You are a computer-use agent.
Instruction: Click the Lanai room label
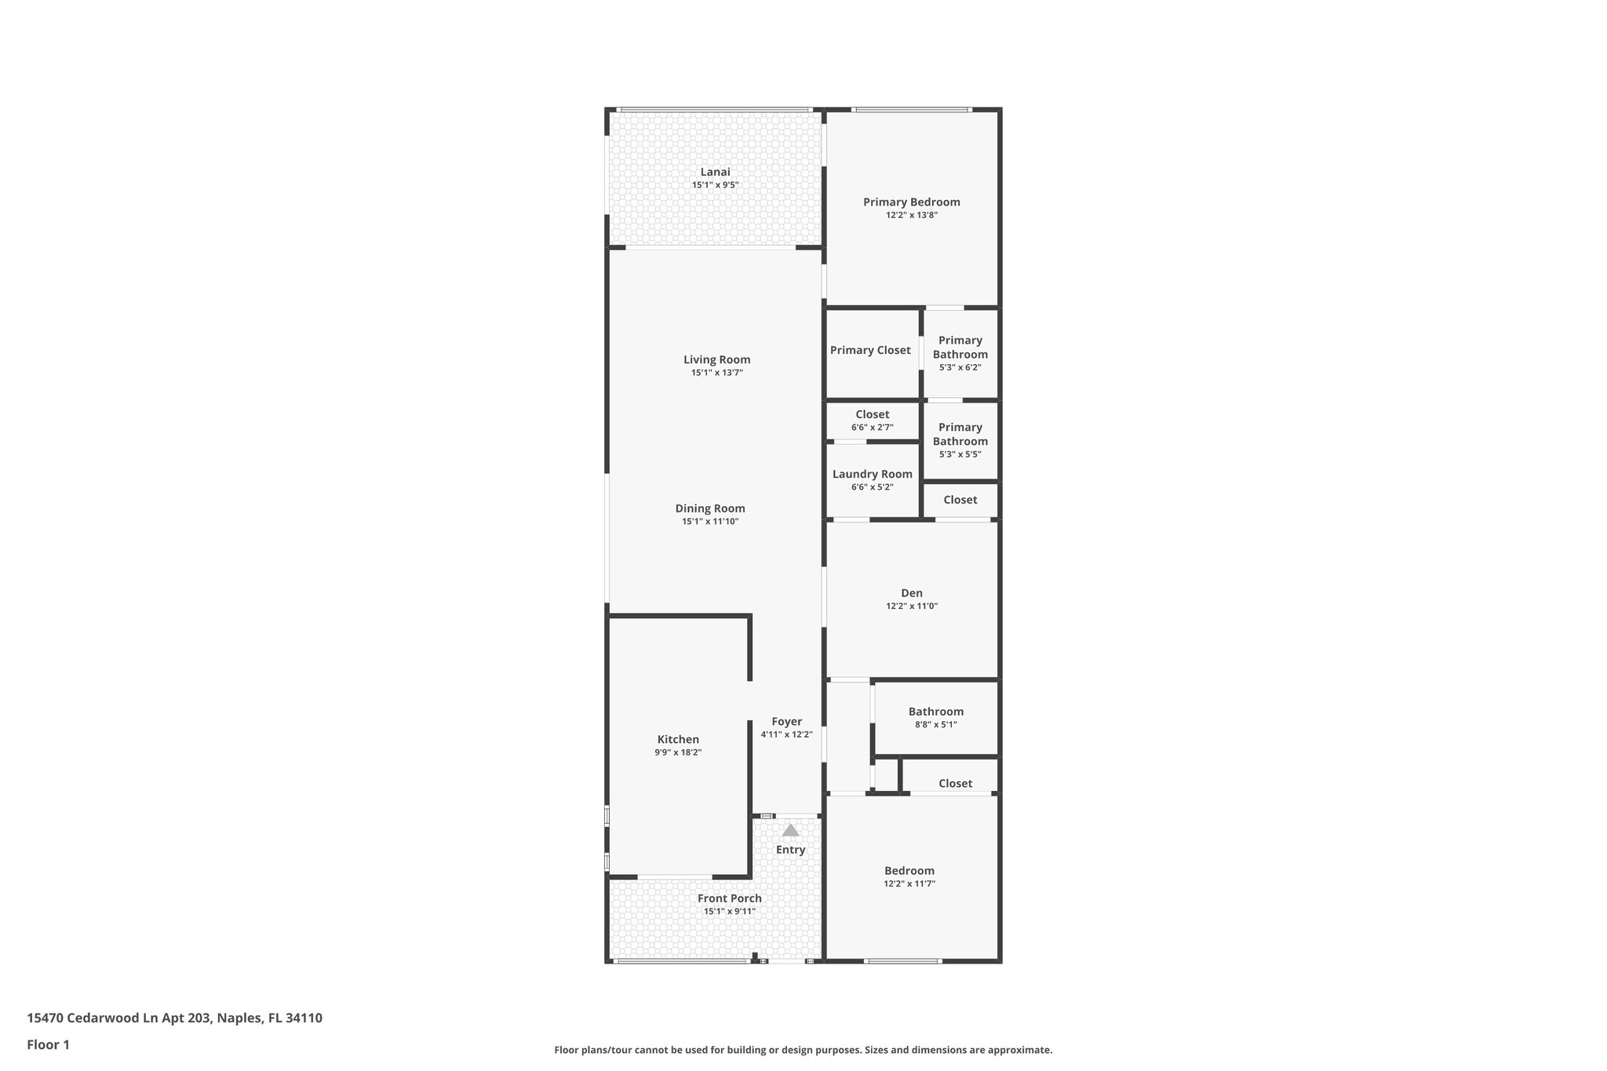pyautogui.click(x=715, y=172)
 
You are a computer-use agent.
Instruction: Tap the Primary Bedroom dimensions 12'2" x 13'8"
pyautogui.click(x=911, y=215)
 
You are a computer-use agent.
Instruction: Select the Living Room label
pyautogui.click(x=716, y=360)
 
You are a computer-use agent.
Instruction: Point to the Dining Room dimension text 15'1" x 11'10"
pyautogui.click(x=710, y=522)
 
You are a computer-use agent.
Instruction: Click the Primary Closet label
pyautogui.click(x=870, y=351)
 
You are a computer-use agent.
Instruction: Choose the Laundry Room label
pyautogui.click(x=872, y=474)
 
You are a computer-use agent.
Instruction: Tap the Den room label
pyautogui.click(x=911, y=593)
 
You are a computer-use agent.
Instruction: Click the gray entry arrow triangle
pyautogui.click(x=790, y=830)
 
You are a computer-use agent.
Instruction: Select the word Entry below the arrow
pyautogui.click(x=790, y=850)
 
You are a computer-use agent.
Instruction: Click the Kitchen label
pyautogui.click(x=678, y=739)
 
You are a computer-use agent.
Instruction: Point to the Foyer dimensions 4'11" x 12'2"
pyautogui.click(x=786, y=735)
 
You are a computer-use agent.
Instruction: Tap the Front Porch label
pyautogui.click(x=729, y=898)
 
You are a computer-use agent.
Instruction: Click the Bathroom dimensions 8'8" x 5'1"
pyautogui.click(x=935, y=725)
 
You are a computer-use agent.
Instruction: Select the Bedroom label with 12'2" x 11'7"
pyautogui.click(x=909, y=871)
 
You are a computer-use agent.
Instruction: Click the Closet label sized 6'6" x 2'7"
pyautogui.click(x=872, y=414)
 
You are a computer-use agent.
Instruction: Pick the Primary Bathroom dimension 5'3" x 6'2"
pyautogui.click(x=960, y=367)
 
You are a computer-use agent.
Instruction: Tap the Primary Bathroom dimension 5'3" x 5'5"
pyautogui.click(x=960, y=454)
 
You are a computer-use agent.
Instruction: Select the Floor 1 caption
pyautogui.click(x=48, y=1044)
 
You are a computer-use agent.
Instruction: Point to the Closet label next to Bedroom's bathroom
pyautogui.click(x=955, y=783)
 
